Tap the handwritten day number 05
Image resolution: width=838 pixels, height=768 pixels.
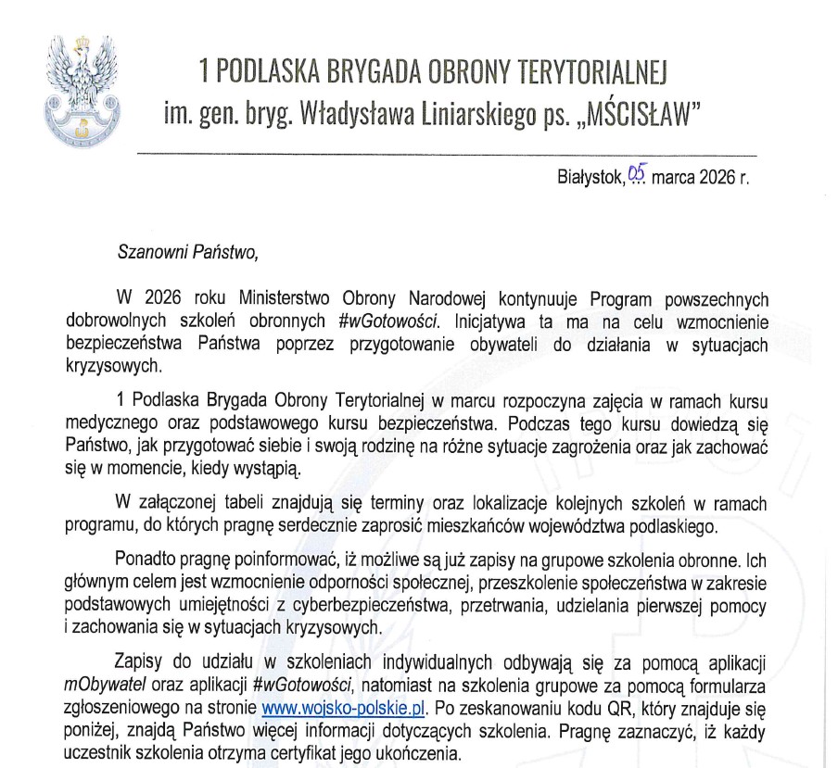(x=635, y=173)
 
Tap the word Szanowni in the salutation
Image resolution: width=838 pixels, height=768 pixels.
(x=146, y=250)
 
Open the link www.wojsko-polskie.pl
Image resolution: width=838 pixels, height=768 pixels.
(x=343, y=708)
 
